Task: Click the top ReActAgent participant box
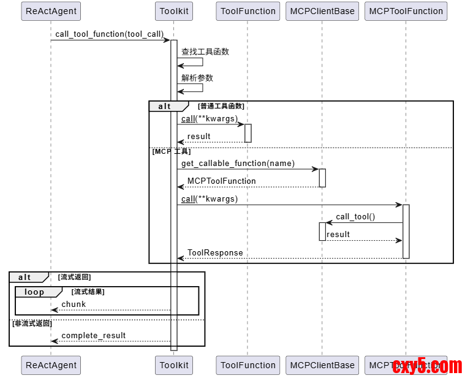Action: pos(51,11)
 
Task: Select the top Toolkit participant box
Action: pos(173,11)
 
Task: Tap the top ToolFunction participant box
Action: pos(248,11)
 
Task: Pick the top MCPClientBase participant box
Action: pos(322,11)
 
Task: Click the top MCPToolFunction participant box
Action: pos(406,11)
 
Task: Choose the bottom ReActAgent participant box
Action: pos(51,365)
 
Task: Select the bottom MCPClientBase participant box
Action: pos(322,365)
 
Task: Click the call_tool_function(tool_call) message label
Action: pos(110,34)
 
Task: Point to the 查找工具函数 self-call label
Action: pos(205,51)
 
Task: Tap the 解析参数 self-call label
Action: pos(197,78)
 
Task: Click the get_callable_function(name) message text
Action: pos(238,163)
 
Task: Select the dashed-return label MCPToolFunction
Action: pos(221,181)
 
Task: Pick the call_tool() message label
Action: pos(355,216)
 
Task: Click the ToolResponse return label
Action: pos(215,252)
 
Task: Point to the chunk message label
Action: pos(74,304)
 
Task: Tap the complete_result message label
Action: pos(93,335)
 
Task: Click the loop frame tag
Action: pos(34,292)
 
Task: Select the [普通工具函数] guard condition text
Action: pos(221,106)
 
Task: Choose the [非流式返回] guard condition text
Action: pos(32,323)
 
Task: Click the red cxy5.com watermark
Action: pos(427,366)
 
